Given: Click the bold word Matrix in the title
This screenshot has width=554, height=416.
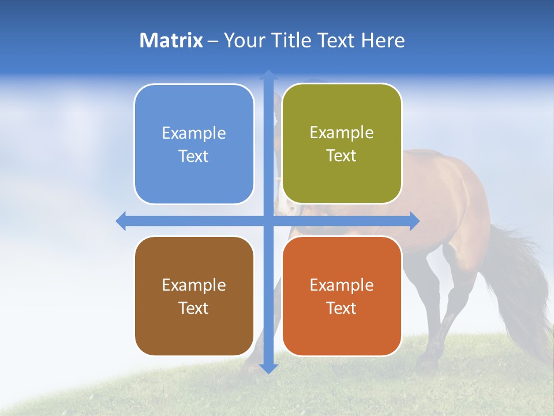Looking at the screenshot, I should pos(171,40).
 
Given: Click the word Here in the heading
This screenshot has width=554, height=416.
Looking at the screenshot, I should pos(383,40).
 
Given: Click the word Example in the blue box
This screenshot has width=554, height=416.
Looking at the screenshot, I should pos(194,133).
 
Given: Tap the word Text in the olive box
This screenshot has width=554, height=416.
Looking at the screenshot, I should pos(342,156).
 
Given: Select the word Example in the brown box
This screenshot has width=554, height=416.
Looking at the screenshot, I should pos(194,285).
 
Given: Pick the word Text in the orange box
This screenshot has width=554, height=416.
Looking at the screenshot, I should pos(342,308).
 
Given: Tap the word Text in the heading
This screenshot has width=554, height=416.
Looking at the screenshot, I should pos(337,40).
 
